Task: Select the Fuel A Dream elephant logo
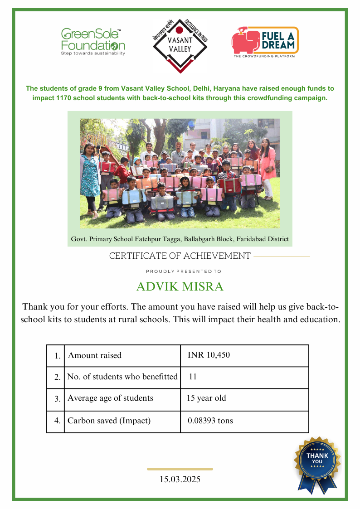click(x=265, y=42)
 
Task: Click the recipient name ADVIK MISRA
click(x=180, y=287)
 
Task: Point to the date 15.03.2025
click(x=180, y=479)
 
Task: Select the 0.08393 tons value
click(x=210, y=421)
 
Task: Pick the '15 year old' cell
click(x=206, y=398)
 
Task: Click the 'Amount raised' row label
click(x=95, y=355)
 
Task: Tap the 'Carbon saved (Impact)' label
click(x=109, y=421)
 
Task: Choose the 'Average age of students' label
click(x=110, y=398)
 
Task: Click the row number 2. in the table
click(x=58, y=377)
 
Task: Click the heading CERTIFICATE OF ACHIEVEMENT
click(x=180, y=256)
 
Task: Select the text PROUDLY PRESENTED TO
click(x=183, y=271)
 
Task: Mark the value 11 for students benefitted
click(x=193, y=377)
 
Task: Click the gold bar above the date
click(x=180, y=469)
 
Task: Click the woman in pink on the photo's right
click(x=268, y=165)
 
